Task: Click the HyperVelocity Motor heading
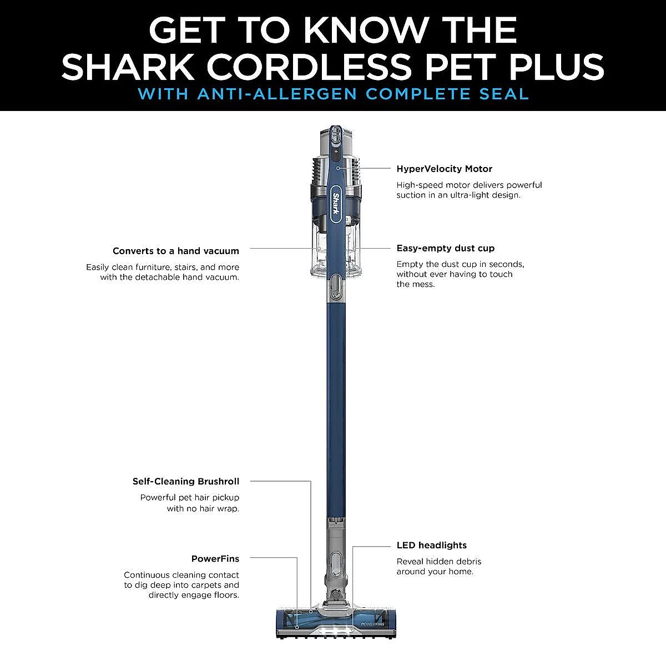click(x=444, y=169)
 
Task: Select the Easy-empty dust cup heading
click(x=445, y=248)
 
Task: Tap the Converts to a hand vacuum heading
click(x=175, y=251)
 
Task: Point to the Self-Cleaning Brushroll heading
click(x=185, y=481)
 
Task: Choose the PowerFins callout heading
click(x=215, y=558)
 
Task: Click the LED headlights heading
click(x=431, y=545)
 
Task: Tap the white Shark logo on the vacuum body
click(x=336, y=204)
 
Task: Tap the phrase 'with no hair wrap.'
click(x=203, y=508)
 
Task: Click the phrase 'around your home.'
click(x=435, y=572)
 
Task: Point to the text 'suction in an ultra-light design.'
click(x=458, y=195)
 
